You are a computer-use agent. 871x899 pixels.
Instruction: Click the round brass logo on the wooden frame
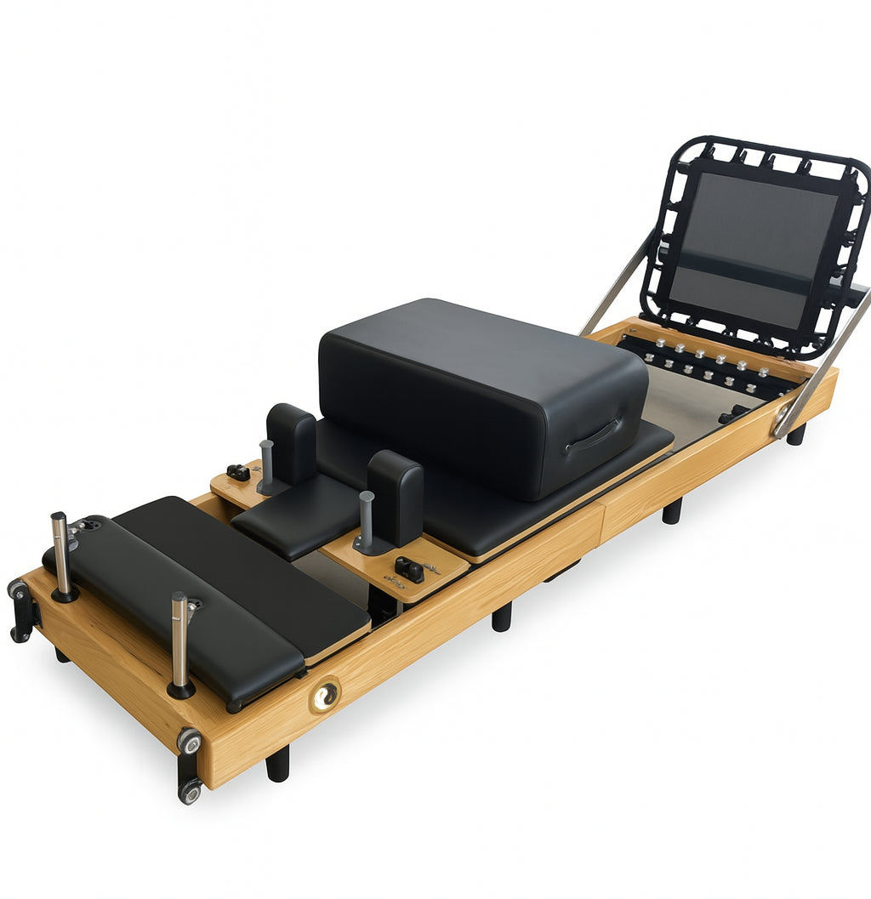click(325, 697)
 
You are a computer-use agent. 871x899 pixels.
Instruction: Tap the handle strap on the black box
click(593, 435)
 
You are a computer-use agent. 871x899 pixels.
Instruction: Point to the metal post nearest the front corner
click(179, 642)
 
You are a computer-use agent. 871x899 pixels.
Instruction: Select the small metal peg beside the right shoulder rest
click(367, 520)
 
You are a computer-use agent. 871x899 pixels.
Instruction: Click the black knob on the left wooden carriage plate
click(238, 471)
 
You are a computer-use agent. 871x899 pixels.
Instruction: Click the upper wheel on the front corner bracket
click(189, 741)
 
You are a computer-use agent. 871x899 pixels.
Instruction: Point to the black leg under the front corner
click(278, 763)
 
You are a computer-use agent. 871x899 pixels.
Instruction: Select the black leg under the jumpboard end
click(796, 434)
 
